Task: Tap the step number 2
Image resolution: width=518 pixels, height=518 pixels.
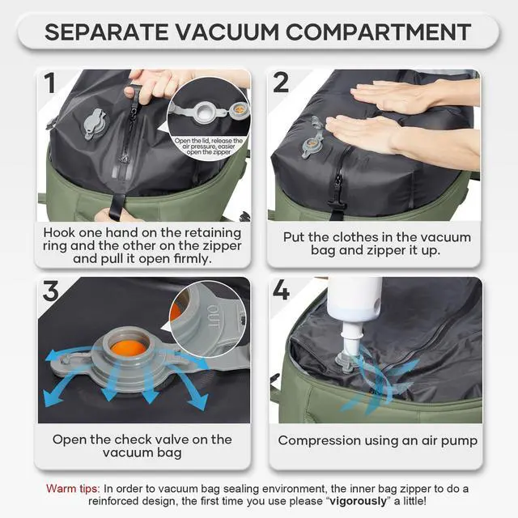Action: point(282,83)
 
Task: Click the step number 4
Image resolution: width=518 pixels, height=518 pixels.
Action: point(282,291)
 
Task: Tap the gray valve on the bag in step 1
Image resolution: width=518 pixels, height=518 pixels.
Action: point(93,123)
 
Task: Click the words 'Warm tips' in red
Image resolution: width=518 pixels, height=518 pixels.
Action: point(73,489)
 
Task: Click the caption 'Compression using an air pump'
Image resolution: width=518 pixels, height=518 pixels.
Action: point(378,440)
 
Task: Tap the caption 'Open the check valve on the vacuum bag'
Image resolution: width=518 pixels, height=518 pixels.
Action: point(142,446)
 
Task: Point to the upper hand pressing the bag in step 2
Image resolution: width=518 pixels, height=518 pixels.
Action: point(405,96)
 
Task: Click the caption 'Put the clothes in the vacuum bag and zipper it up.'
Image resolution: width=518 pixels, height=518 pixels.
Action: point(378,245)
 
